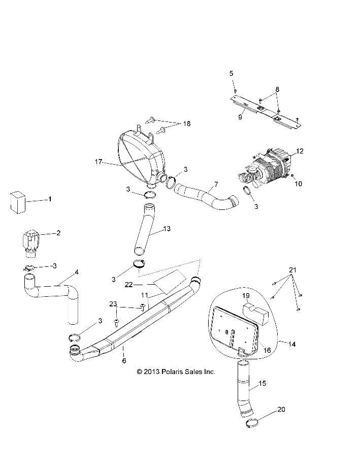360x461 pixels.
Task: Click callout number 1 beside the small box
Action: [x=50, y=199]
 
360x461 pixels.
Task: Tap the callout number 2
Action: [x=58, y=233]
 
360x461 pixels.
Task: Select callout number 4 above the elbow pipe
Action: [x=77, y=272]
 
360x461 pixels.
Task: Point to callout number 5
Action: [x=231, y=73]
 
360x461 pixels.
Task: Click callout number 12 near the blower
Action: [x=300, y=151]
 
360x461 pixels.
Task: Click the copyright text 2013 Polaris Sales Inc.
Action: [x=176, y=372]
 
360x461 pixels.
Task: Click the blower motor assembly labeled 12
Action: [x=265, y=166]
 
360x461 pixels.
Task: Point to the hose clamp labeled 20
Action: [x=254, y=422]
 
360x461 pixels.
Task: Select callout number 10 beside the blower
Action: [x=299, y=183]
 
